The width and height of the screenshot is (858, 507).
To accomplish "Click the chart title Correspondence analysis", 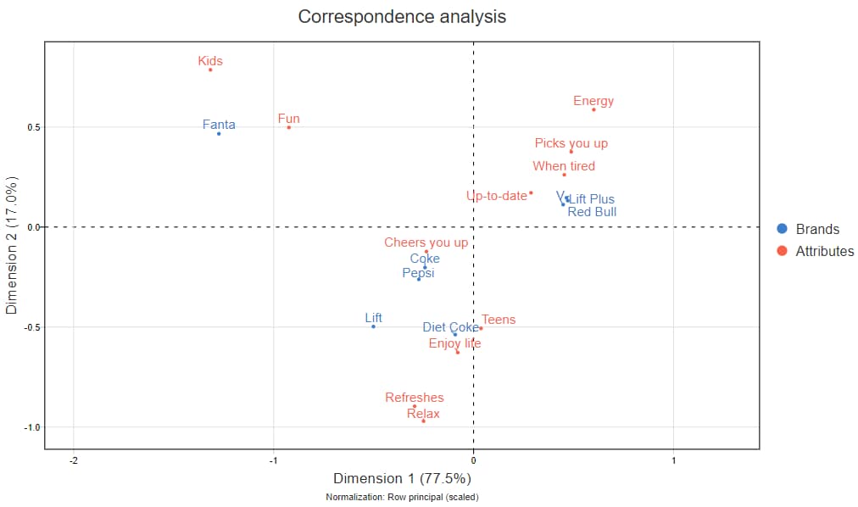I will click(402, 17).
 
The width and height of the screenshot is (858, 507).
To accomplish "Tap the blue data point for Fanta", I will click(219, 134).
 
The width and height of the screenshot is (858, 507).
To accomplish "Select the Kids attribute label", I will click(210, 61).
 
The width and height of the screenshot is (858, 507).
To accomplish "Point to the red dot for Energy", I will click(593, 109).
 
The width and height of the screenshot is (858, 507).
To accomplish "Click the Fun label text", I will click(289, 119).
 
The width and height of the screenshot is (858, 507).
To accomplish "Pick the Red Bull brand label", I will click(592, 212).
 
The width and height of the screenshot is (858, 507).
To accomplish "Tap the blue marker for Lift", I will click(373, 326).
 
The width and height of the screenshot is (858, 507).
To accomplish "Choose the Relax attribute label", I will click(423, 414).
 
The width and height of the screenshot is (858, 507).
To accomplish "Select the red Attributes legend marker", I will click(782, 251).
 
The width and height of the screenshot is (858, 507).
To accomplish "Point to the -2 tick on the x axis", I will click(74, 460).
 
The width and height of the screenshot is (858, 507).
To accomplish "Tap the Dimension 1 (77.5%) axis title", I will click(402, 478).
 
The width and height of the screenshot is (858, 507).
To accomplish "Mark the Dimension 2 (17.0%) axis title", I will click(12, 246).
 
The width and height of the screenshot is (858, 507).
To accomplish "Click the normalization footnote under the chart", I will click(402, 497).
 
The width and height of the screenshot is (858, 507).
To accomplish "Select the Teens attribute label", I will click(499, 320).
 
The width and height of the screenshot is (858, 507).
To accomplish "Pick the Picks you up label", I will click(571, 143).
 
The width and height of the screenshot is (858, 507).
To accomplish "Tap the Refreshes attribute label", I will click(415, 397).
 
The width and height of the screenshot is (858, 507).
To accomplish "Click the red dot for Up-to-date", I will click(531, 192).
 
